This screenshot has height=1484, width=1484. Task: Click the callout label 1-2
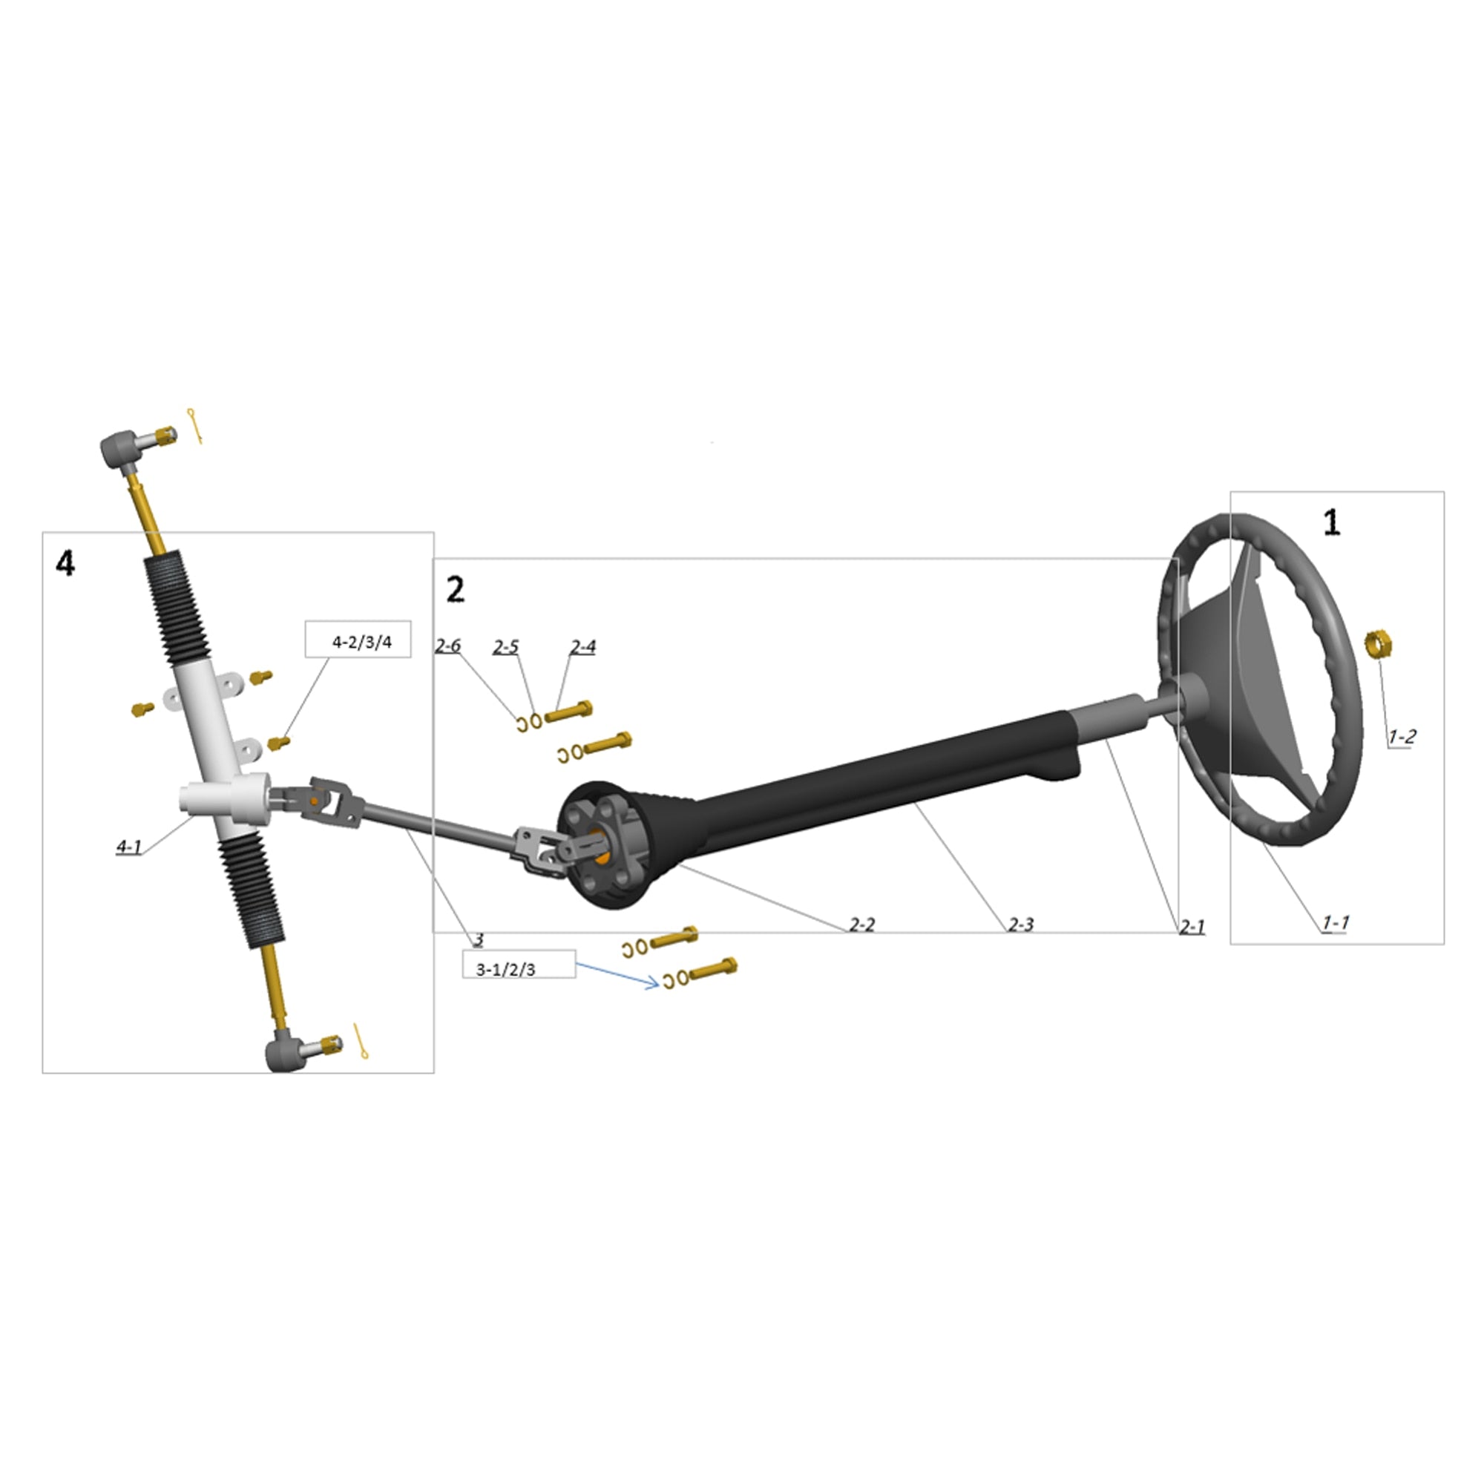point(1401,738)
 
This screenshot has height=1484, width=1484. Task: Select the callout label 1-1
point(1336,922)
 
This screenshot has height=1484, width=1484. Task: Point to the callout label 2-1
point(1192,928)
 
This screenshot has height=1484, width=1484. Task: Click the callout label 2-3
point(1021,925)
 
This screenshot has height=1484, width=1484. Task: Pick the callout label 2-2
point(861,925)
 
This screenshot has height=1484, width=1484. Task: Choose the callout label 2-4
point(582,648)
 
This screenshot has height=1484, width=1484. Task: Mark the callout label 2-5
point(505,648)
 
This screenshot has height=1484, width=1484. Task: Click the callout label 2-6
point(448,646)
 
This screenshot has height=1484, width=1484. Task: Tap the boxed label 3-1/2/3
point(505,969)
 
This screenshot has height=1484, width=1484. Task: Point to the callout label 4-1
point(129,847)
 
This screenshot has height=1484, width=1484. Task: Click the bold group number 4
point(66,565)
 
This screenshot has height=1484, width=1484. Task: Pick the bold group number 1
point(1332,523)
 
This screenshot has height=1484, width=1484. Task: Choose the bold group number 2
point(456,591)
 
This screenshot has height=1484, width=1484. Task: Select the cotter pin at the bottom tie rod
point(361,1041)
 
